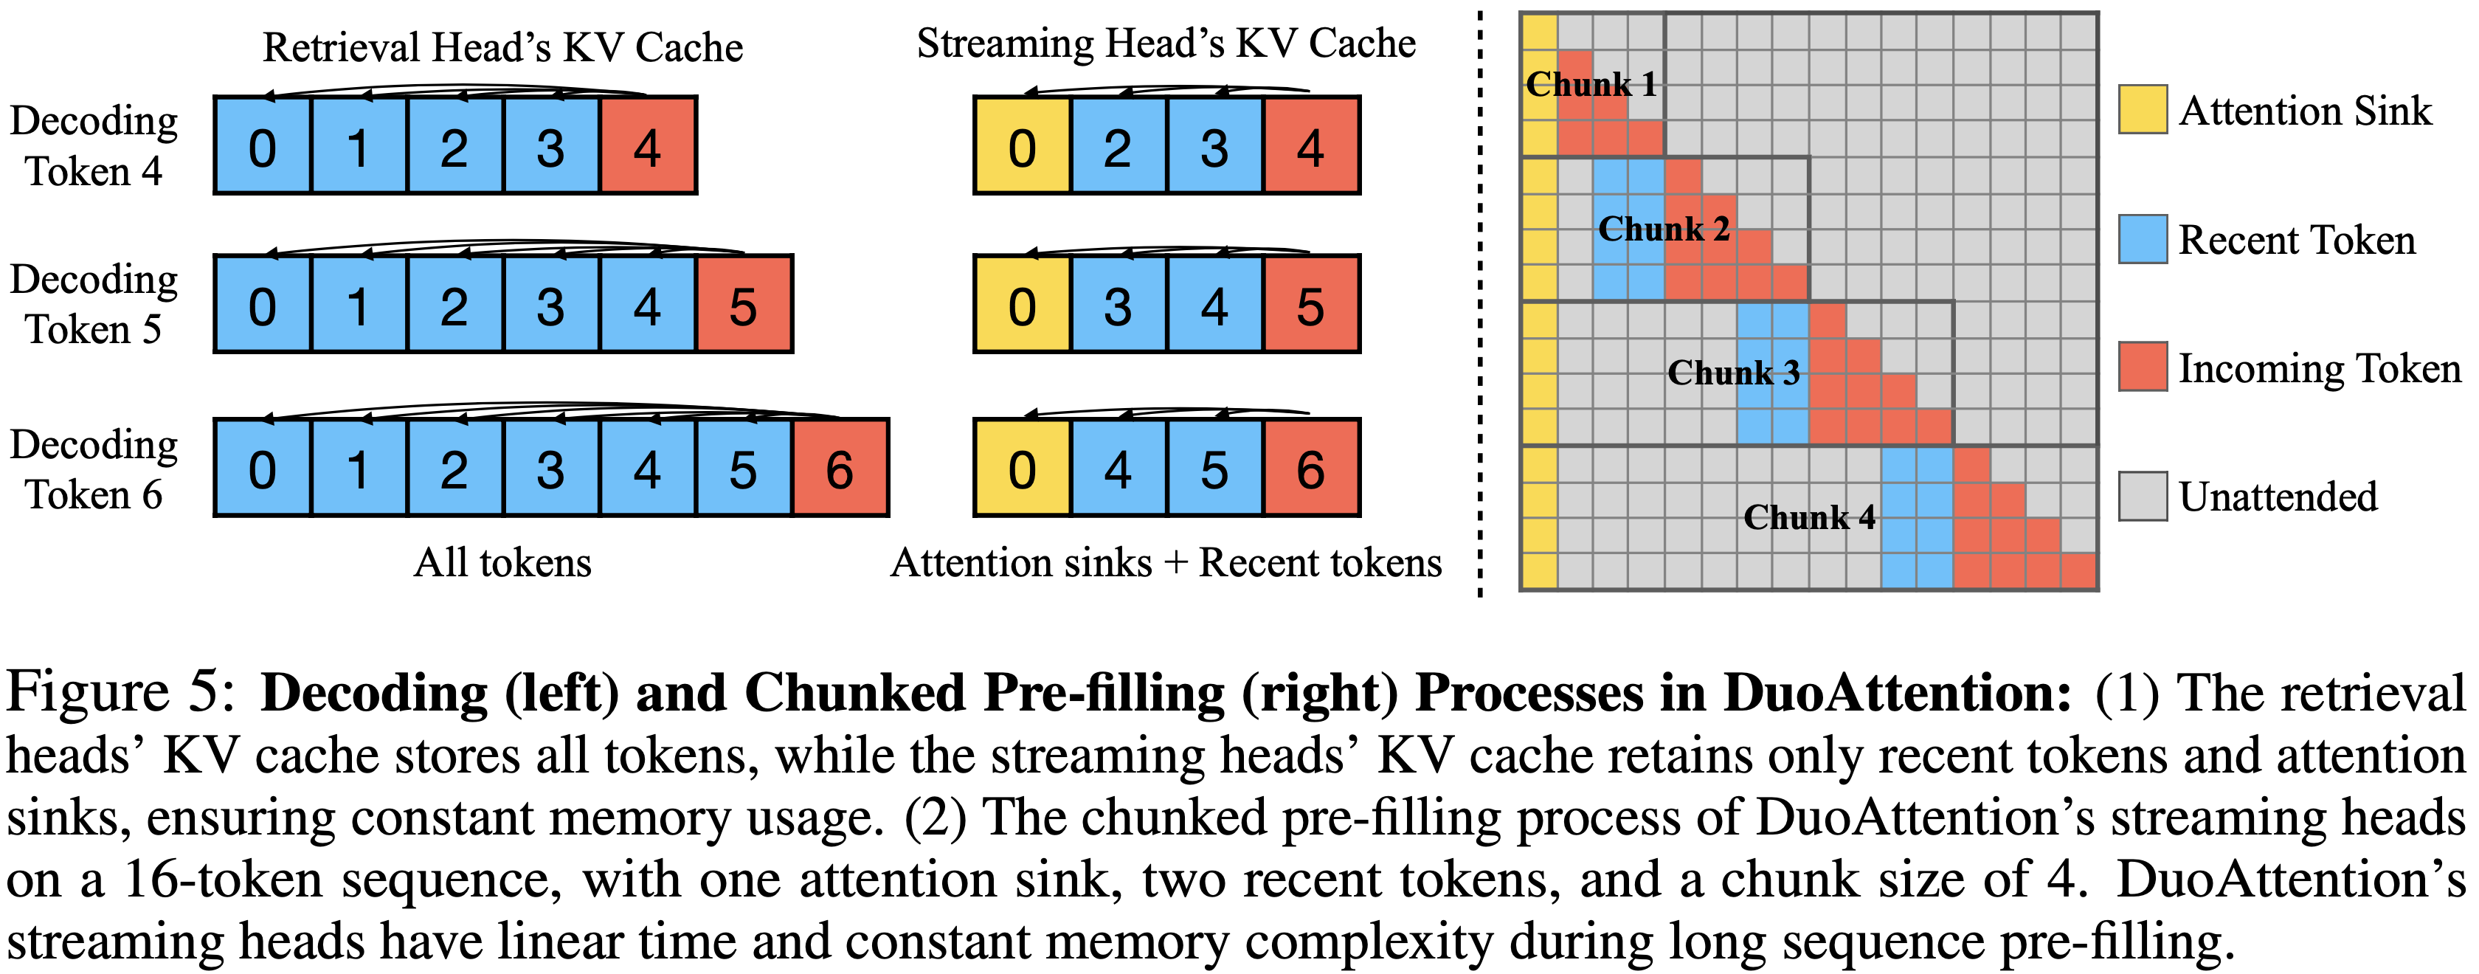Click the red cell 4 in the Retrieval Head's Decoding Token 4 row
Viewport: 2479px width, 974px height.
pos(648,146)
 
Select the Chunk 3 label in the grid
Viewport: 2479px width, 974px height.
pos(1733,373)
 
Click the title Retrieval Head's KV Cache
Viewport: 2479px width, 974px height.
pos(502,46)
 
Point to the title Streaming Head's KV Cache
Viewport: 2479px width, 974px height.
pos(1166,44)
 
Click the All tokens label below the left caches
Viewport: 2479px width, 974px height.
pos(502,562)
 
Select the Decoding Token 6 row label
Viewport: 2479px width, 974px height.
pos(94,469)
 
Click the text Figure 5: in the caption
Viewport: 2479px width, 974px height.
pos(120,692)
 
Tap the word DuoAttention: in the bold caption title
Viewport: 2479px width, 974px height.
pos(1897,692)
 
